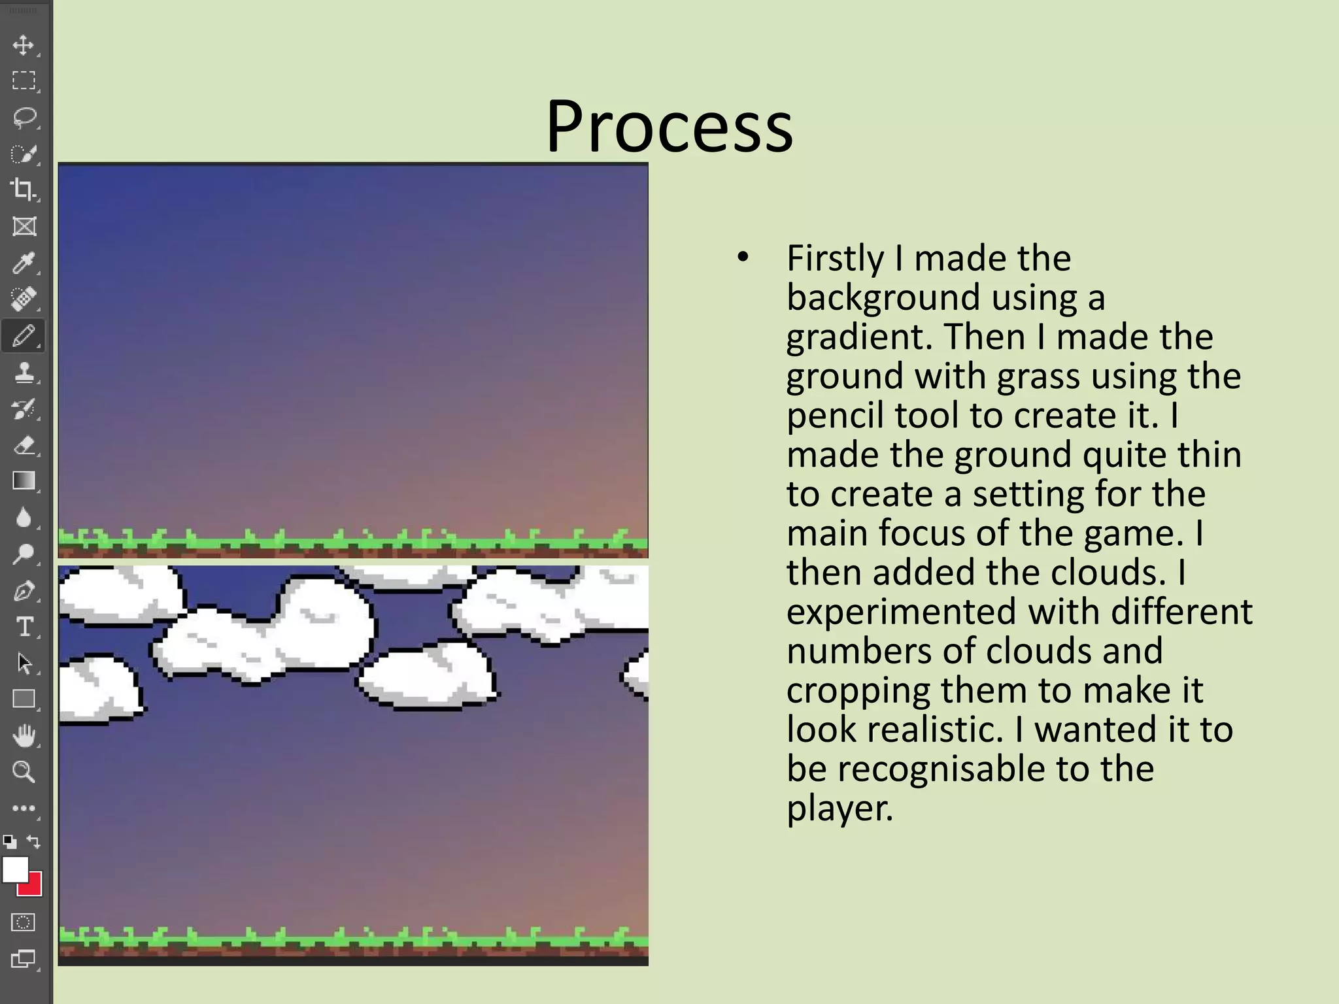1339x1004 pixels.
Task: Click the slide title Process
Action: tap(669, 125)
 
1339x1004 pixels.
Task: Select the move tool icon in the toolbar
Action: tap(24, 45)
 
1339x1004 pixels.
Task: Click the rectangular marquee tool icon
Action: tap(24, 80)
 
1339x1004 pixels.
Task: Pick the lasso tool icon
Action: tap(24, 118)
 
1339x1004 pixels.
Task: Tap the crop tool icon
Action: tap(24, 190)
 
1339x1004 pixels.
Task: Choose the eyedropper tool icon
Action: tap(24, 263)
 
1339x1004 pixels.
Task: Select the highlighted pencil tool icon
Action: tap(24, 336)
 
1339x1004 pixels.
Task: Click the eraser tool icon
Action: tap(24, 446)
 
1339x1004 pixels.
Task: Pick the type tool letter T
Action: tap(24, 627)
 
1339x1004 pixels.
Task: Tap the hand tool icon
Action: tap(24, 736)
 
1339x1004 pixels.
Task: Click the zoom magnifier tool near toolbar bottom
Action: tap(24, 772)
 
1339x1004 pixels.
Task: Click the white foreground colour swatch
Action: tap(14, 869)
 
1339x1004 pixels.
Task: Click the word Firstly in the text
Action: tap(835, 258)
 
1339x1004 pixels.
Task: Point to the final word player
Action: tap(839, 809)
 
